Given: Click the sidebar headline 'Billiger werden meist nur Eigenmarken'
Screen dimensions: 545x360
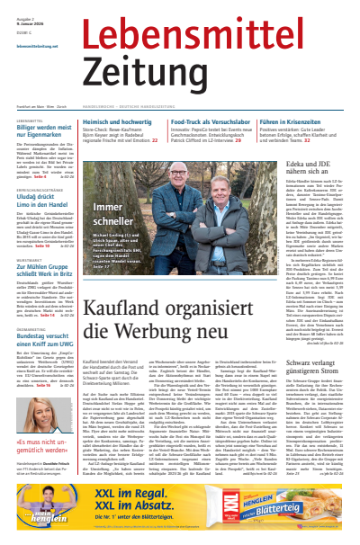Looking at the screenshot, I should tap(40, 130).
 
